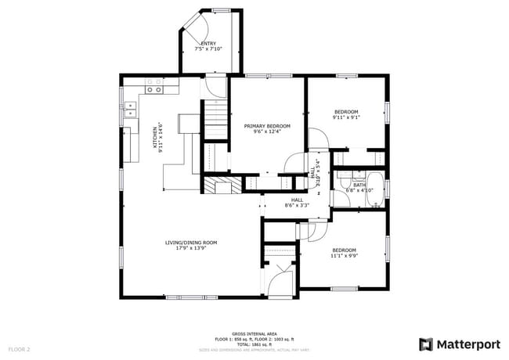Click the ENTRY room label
click(x=208, y=43)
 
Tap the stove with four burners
click(x=154, y=85)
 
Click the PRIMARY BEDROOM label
click(x=266, y=126)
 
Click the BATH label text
click(x=359, y=185)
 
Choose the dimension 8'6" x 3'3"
click(x=298, y=206)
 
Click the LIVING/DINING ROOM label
click(x=190, y=243)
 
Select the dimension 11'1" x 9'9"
click(x=344, y=255)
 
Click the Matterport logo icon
click(x=425, y=344)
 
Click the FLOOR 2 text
click(x=19, y=348)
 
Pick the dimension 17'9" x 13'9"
click(x=190, y=248)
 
